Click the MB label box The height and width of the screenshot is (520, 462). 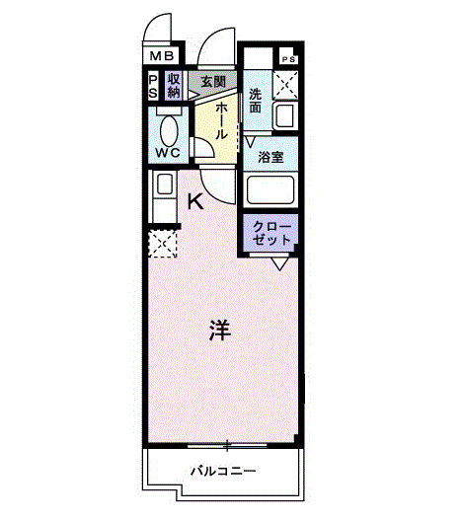coord(163,58)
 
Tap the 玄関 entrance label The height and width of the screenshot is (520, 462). coord(213,82)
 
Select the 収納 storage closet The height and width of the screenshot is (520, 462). coord(174,87)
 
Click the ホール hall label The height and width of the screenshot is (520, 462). coord(223,120)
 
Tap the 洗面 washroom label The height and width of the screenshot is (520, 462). coord(255,101)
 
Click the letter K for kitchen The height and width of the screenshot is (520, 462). coord(195,202)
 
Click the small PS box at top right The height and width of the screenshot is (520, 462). coord(288,59)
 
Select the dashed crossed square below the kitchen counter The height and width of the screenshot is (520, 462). coord(161,242)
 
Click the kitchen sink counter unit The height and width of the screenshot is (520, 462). coord(161,196)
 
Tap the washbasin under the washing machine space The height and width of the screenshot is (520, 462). coord(285,117)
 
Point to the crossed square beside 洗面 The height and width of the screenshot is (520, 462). coord(286,85)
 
